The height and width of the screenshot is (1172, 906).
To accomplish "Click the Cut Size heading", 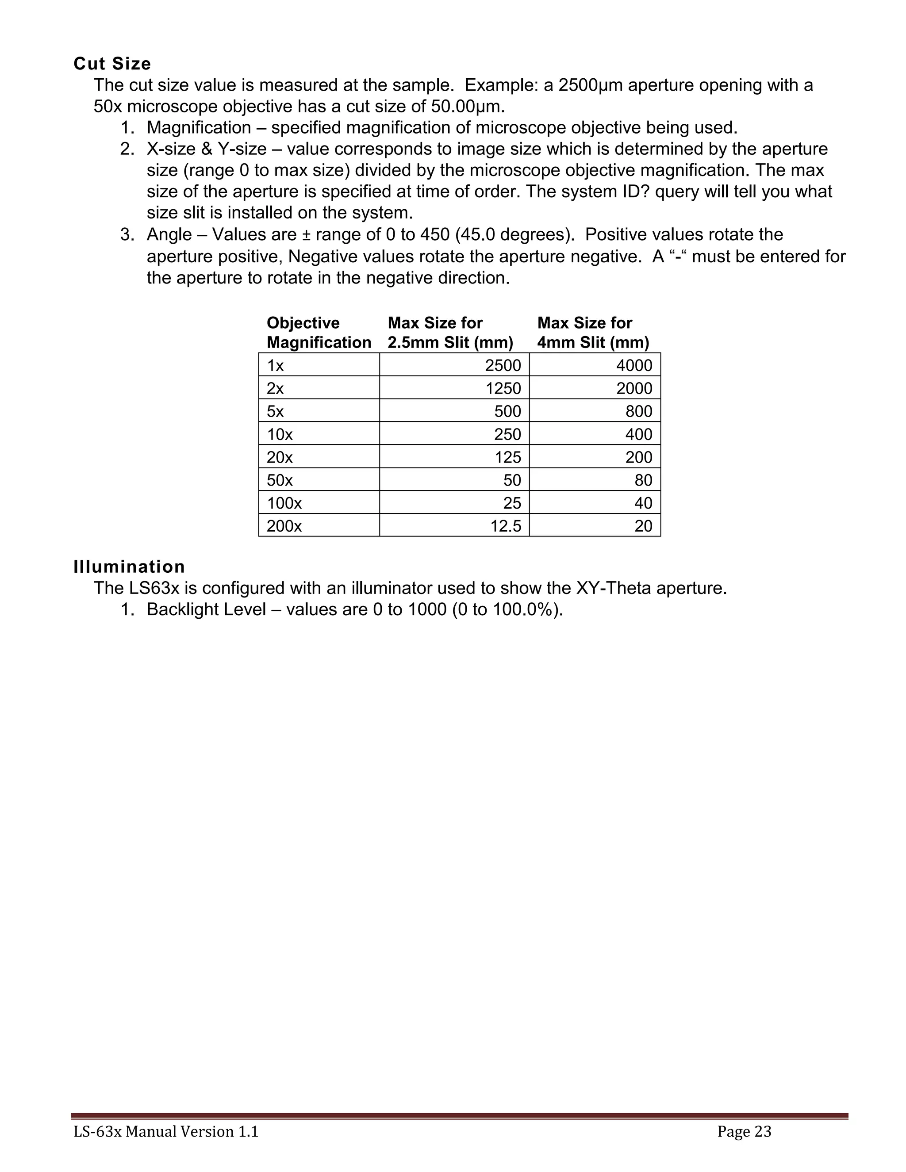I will [x=112, y=64].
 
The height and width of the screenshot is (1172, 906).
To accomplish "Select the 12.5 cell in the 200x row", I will [x=506, y=526].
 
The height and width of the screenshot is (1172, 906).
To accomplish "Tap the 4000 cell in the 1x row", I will [x=634, y=365].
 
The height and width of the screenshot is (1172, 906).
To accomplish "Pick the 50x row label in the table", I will [x=280, y=480].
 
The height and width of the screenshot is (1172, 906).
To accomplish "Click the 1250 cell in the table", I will [x=503, y=388].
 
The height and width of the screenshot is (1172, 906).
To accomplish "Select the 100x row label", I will [x=284, y=503].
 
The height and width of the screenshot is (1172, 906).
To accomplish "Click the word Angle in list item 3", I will [x=169, y=234].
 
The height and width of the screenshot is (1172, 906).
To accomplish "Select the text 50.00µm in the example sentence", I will [x=467, y=106].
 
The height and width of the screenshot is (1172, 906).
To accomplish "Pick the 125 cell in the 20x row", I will [x=508, y=457].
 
